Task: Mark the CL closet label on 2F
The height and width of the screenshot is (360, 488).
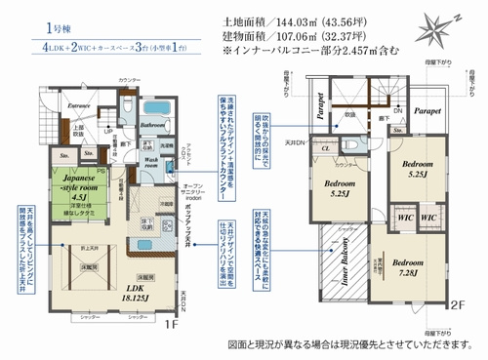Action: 329,150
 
